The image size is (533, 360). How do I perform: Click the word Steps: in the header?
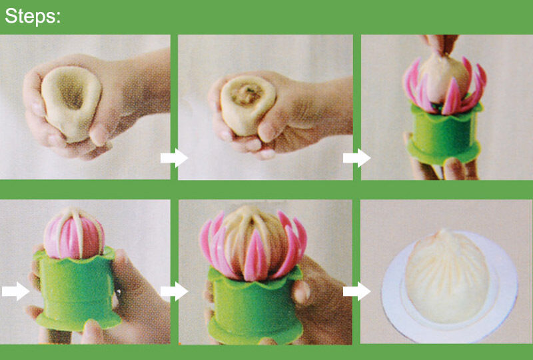click(x=33, y=15)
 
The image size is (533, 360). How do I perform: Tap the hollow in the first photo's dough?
click(x=72, y=91)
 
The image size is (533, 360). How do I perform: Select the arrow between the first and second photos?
click(x=174, y=158)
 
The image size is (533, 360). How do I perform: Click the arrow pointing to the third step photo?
click(x=356, y=158)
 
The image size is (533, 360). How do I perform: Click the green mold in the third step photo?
click(x=444, y=135)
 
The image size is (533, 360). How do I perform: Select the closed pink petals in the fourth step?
click(x=74, y=235)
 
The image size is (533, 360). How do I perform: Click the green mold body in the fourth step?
click(x=77, y=289)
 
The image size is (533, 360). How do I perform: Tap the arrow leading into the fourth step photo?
click(x=15, y=291)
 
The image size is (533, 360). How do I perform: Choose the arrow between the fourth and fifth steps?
click(x=174, y=291)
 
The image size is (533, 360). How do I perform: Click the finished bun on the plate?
click(x=447, y=277)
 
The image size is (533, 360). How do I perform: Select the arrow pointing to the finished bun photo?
click(x=356, y=291)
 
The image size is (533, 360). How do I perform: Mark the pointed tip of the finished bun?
click(x=443, y=232)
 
